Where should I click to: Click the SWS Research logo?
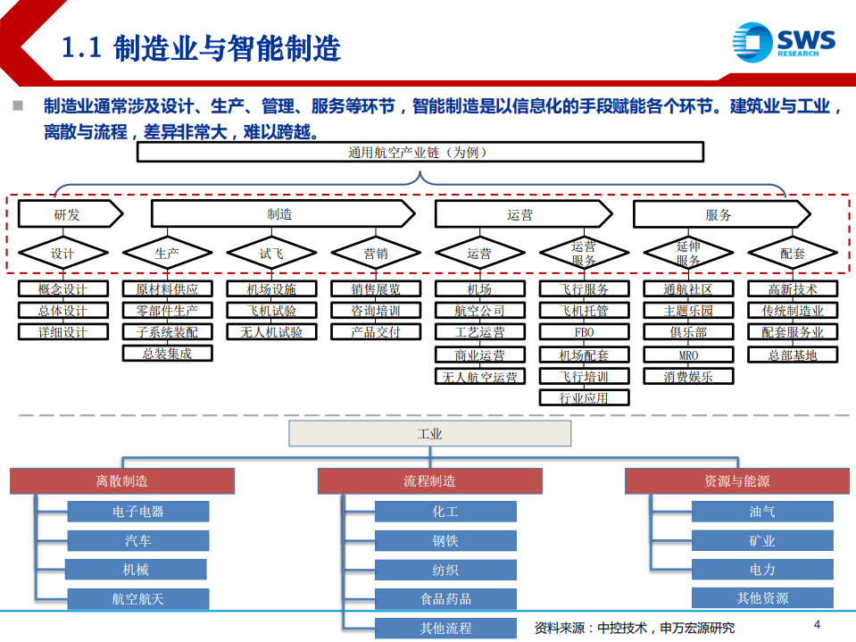783,42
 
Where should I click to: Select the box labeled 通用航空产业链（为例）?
417,153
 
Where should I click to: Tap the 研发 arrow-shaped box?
68,214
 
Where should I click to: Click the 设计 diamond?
62,254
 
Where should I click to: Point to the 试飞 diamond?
271,254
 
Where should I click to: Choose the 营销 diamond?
376,254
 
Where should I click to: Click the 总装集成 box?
167,354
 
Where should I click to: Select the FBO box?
584,332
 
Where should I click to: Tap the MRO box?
688,354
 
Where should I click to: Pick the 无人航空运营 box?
479,377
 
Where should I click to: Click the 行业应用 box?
584,397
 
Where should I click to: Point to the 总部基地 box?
793,354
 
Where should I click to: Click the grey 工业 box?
429,434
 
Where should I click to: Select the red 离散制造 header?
122,481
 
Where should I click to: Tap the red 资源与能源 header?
736,481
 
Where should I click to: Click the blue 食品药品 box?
445,599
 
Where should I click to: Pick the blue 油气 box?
761,512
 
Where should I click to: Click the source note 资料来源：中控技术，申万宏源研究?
634,628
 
